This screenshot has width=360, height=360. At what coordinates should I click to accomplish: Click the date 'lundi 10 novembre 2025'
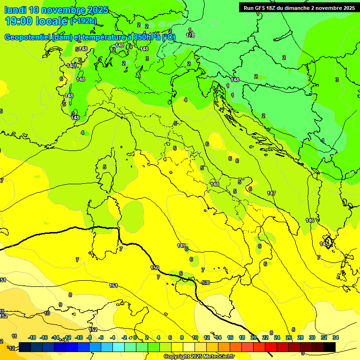[56, 10]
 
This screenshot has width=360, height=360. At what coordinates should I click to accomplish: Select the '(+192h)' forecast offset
[83, 21]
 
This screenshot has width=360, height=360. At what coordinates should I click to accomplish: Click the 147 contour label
[271, 193]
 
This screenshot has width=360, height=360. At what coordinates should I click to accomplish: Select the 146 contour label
[310, 220]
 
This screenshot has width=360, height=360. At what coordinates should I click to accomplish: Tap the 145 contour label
[324, 244]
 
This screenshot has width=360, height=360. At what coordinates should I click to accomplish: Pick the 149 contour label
[181, 246]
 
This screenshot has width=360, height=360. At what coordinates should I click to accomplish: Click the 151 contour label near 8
[113, 285]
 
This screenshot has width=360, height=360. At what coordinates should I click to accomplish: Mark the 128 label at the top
[190, 35]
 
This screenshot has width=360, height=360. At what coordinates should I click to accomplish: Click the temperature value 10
[47, 313]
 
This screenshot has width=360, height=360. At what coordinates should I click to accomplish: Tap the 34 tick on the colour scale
[336, 337]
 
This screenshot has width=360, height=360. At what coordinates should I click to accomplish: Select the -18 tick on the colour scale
[32, 337]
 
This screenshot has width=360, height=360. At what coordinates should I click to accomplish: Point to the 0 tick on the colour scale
[135, 337]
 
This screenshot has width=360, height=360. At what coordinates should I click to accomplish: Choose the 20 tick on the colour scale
[254, 337]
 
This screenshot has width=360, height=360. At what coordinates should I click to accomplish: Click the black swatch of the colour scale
[330, 347]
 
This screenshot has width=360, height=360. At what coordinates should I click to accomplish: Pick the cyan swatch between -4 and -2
[119, 347]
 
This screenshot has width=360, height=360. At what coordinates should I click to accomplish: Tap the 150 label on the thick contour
[155, 268]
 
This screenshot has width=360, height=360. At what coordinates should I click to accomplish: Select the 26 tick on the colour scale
[289, 337]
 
